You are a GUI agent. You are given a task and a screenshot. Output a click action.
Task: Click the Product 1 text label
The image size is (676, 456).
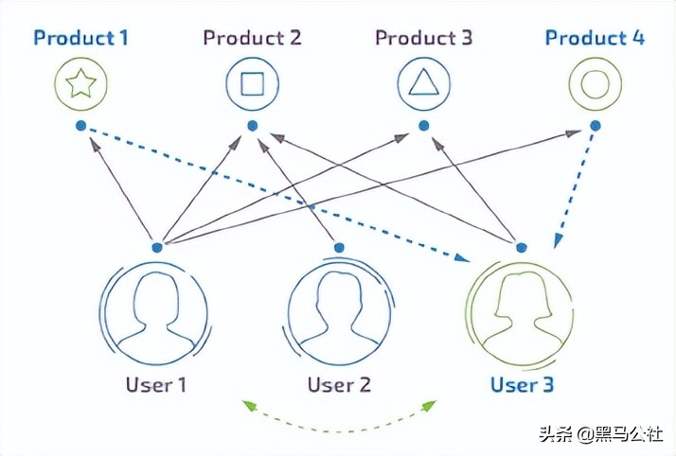(80, 39)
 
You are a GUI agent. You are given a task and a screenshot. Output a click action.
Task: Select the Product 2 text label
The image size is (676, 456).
(252, 39)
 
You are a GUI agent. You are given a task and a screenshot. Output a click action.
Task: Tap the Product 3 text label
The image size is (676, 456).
(423, 39)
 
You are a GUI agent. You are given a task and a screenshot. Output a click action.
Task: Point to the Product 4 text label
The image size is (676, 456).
(595, 39)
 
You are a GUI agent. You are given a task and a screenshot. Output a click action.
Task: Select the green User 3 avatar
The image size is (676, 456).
(520, 312)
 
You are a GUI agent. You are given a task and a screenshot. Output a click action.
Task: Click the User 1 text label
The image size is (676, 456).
(156, 385)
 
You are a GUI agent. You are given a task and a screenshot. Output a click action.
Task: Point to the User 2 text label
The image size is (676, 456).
(339, 385)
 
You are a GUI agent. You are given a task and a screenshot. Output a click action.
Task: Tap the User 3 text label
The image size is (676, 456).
(522, 385)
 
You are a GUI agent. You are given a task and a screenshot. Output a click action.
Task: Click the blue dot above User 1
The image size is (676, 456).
(157, 247)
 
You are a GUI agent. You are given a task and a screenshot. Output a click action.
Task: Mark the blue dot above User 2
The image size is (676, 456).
(339, 247)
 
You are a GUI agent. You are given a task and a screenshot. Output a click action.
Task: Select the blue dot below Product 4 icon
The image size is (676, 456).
(595, 126)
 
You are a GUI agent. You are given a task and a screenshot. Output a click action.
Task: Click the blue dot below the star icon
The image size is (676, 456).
(80, 126)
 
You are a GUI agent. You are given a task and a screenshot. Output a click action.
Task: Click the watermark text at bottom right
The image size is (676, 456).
(602, 435)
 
